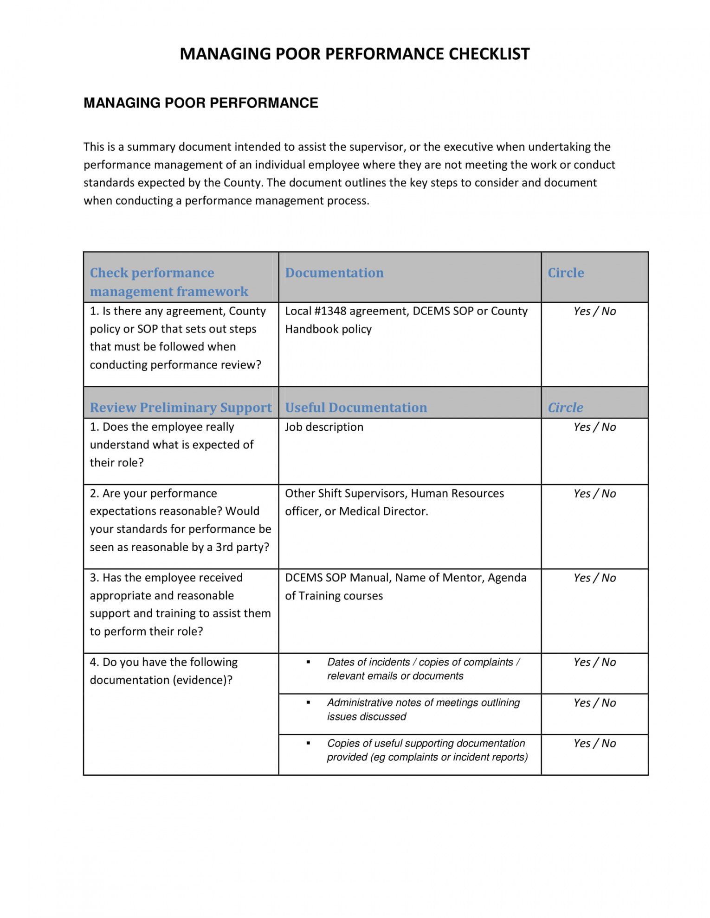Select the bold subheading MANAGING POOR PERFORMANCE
point(200,103)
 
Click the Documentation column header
point(334,273)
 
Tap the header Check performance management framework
point(169,282)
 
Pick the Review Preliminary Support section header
point(181,408)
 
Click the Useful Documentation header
point(355,408)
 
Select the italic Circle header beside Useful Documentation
point(565,408)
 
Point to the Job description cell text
point(324,427)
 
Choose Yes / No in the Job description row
point(594,427)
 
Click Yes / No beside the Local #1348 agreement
point(594,311)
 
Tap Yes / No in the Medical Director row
point(594,494)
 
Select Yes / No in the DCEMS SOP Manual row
point(594,578)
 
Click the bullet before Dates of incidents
point(308,662)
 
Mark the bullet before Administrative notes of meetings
point(308,703)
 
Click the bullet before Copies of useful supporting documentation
point(308,743)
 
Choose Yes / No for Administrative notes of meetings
point(594,703)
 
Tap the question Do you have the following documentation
point(163,671)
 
